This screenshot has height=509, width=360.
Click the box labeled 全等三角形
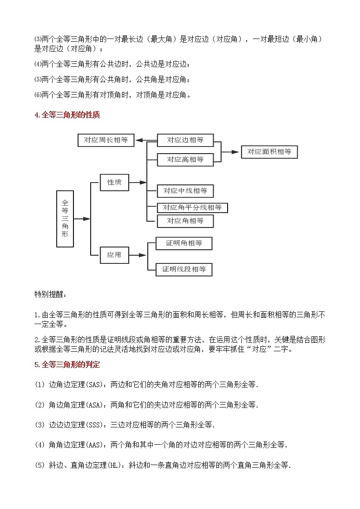coord(65,219)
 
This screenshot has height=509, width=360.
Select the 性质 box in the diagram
coord(114,182)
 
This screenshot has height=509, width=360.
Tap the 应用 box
coord(114,255)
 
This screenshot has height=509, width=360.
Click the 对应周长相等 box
coord(106,140)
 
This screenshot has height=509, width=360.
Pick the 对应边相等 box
coord(185,140)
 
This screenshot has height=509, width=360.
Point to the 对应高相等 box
coord(185,160)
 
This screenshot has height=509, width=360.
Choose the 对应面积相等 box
coord(269,152)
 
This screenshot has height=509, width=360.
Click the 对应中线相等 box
coord(185,191)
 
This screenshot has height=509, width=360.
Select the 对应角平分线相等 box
coord(192,208)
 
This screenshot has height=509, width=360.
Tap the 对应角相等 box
coord(185,221)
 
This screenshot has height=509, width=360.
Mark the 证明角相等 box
coord(184,243)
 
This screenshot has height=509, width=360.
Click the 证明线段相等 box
coord(184,269)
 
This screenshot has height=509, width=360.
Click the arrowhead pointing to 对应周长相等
coord(139,141)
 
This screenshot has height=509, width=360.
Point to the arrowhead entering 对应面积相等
coord(235,152)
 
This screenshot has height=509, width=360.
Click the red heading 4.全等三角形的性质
coord(67,115)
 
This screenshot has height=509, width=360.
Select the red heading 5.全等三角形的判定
coord(67,364)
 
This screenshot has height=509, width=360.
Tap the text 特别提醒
coord(50,295)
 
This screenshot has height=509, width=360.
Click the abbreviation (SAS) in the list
coord(95,385)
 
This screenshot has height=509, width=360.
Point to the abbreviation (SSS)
coord(95,425)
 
